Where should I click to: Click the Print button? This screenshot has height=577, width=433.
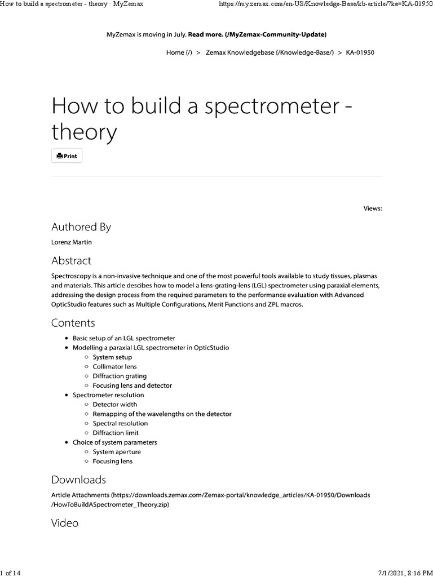[x=67, y=156]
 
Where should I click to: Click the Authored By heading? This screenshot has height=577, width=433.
[x=81, y=227]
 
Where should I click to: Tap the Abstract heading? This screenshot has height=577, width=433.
[x=71, y=261]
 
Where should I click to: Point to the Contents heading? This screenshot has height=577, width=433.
[x=73, y=323]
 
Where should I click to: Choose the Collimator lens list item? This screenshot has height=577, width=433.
[x=114, y=366]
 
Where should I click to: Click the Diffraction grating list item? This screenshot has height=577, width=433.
[x=120, y=376]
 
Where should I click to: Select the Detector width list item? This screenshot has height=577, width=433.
[x=114, y=404]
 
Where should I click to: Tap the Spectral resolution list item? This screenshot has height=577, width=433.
[x=120, y=423]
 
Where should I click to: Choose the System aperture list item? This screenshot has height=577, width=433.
[x=117, y=452]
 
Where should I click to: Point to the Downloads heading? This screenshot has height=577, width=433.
[x=78, y=480]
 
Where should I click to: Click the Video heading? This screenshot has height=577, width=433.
[x=65, y=523]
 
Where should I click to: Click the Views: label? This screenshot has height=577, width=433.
[x=373, y=208]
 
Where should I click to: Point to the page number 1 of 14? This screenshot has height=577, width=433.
[x=11, y=572]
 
